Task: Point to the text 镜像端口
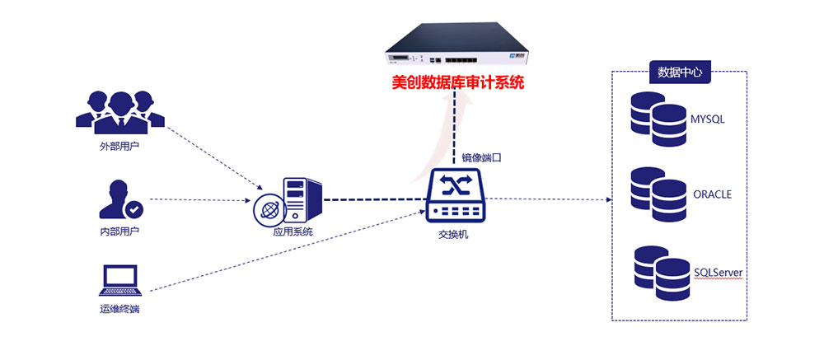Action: click(x=482, y=157)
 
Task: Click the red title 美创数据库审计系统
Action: click(x=457, y=83)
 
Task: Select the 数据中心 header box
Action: click(x=680, y=72)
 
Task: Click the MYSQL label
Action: click(x=707, y=119)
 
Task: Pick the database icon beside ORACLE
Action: click(x=658, y=195)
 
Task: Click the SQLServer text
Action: click(x=719, y=271)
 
